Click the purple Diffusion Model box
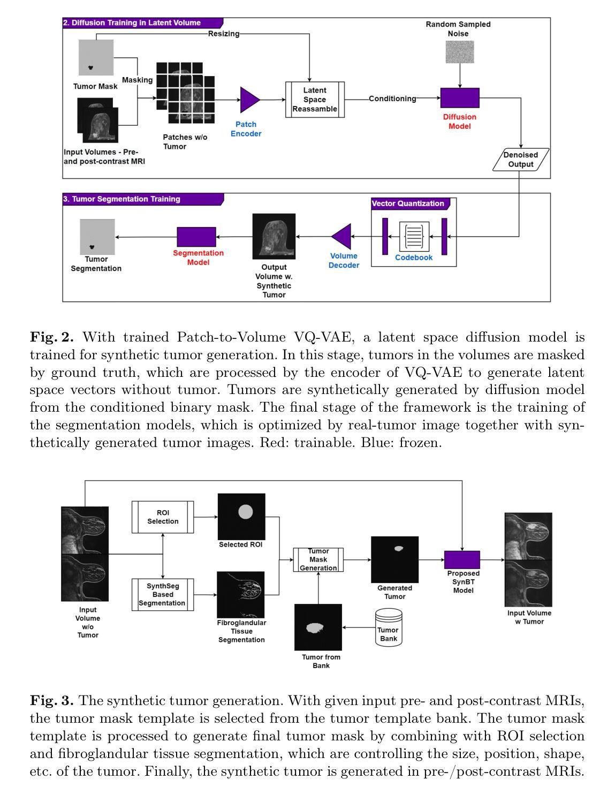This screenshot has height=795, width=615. pos(459,97)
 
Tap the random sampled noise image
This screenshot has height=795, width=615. pos(459,52)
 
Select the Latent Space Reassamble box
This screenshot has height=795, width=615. pos(314,100)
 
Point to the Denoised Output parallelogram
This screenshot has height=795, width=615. pos(520,160)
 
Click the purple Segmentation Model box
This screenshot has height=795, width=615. pos(196,237)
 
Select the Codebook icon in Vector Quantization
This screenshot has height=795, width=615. pos(414,236)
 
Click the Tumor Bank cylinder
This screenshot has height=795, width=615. pos(389,627)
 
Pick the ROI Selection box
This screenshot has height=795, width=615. pos(163,517)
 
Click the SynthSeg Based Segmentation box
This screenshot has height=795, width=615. pos(163,595)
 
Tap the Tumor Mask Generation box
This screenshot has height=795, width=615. pos(318,559)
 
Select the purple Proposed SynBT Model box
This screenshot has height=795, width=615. pos(462,560)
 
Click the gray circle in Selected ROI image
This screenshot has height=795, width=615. pos(245,511)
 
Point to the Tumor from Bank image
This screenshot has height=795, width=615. pos(318,627)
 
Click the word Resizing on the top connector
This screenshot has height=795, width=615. pos(223,34)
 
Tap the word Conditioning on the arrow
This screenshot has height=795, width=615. pos(392,99)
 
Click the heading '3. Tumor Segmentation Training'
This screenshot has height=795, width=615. pos(122,199)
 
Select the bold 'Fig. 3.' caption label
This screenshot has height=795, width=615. pos(52,701)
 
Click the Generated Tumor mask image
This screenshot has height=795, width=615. pos(394,559)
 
